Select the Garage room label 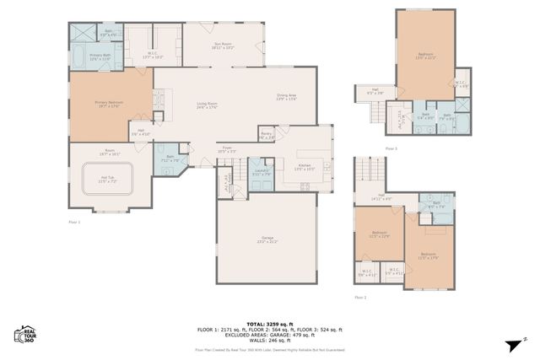point(267,240)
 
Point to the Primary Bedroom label point(109,104)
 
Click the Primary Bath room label point(100,58)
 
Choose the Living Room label point(208,105)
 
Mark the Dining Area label point(287,97)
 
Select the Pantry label point(266,135)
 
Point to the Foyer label point(227,148)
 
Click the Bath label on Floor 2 point(435,203)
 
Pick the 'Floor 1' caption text point(74,222)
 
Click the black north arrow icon point(512,343)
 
